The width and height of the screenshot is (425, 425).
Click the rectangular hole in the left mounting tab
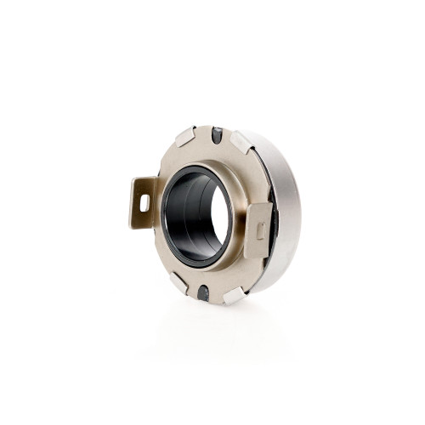pyautogui.click(x=144, y=201)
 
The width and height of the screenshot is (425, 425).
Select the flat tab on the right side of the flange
pyautogui.click(x=261, y=228)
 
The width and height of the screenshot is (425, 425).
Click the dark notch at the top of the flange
pyautogui.click(x=217, y=134)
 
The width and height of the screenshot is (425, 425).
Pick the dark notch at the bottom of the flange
pyautogui.click(x=203, y=292)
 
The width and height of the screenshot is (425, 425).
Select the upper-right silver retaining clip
pyautogui.click(x=242, y=141)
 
